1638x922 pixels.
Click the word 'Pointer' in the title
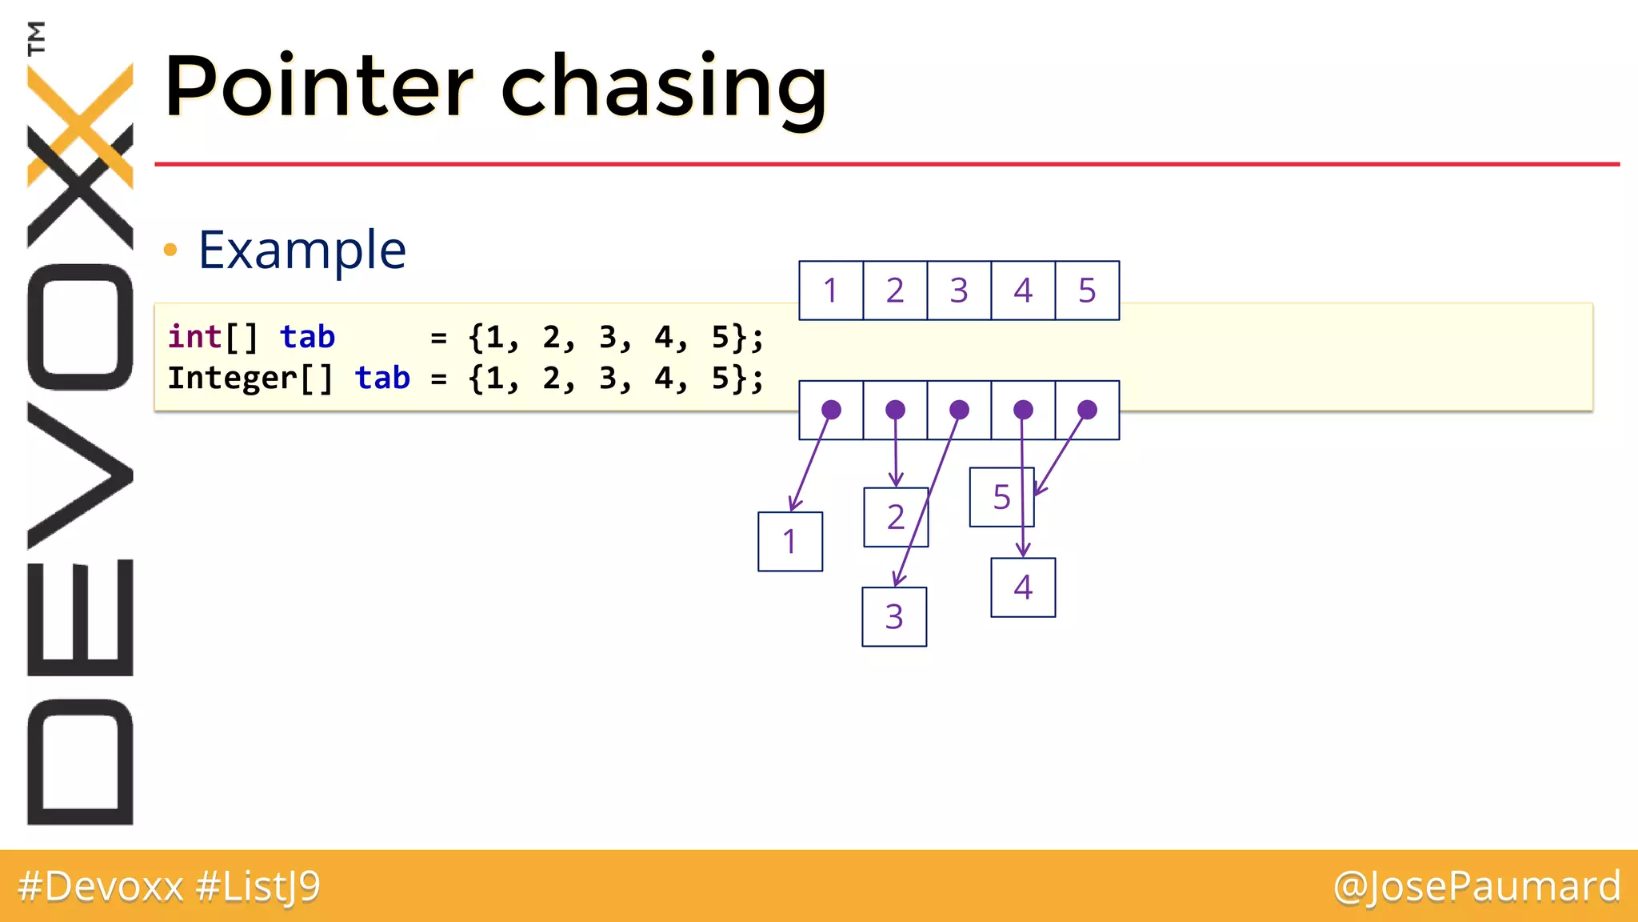click(318, 86)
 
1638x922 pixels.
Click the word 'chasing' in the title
click(663, 88)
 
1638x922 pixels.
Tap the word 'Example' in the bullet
click(302, 250)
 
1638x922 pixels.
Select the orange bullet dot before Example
click(170, 250)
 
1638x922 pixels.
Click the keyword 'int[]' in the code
click(213, 337)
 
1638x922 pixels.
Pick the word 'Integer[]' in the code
click(250, 378)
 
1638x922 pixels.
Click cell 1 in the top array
click(831, 291)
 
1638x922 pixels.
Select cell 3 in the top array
click(959, 291)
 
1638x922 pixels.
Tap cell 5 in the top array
click(1087, 291)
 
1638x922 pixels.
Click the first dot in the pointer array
click(831, 410)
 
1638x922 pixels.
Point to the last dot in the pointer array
click(1087, 410)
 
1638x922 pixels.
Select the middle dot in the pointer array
click(959, 410)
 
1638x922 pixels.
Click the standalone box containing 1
click(789, 542)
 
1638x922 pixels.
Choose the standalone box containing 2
click(896, 517)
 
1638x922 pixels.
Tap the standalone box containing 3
click(894, 617)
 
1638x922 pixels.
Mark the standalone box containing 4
click(1023, 587)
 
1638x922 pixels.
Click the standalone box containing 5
click(1001, 497)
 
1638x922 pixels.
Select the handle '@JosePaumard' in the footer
click(1476, 886)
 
